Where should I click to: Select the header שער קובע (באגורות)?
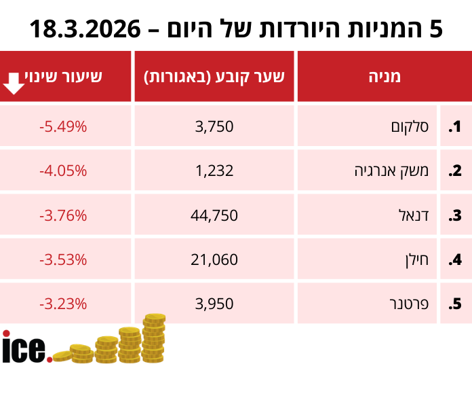click(214, 76)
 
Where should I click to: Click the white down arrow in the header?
click(13, 84)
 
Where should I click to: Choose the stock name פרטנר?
click(411, 304)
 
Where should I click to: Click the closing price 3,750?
click(214, 126)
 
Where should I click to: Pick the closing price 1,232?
click(214, 171)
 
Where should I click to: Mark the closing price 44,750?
click(214, 216)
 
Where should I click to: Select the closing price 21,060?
click(214, 259)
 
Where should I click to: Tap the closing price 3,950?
click(214, 304)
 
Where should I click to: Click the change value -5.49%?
click(63, 126)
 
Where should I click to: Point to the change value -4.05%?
click(63, 171)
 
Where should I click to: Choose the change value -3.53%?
click(63, 259)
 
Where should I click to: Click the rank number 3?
click(454, 216)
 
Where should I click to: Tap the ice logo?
click(26, 347)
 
